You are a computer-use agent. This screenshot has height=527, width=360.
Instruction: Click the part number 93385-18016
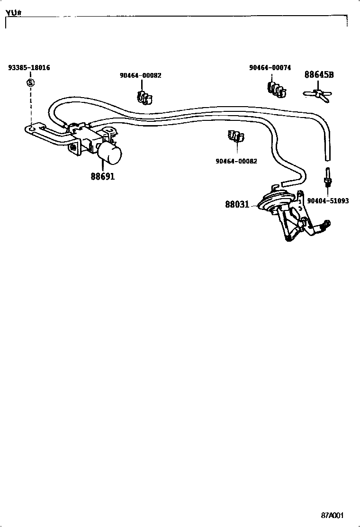pos(29,68)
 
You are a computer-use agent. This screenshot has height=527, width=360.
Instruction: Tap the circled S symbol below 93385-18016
pos(31,83)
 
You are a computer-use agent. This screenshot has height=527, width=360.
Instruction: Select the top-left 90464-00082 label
pos(140,75)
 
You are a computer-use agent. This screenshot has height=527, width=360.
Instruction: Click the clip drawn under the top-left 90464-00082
pos(144,97)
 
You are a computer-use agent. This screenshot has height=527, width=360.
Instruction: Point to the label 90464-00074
pos(270,68)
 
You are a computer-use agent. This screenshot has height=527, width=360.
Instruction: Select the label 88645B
pos(319,75)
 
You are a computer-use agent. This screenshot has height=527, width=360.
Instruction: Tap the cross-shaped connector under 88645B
pos(318,93)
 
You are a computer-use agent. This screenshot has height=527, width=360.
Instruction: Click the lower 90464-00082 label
pos(236,161)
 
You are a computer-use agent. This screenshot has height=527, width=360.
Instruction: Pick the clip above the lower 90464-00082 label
pos(235,137)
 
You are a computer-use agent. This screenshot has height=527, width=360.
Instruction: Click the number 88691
pos(103,176)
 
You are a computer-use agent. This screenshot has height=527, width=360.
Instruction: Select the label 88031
pos(237,205)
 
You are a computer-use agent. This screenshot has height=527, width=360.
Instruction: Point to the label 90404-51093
pos(328,201)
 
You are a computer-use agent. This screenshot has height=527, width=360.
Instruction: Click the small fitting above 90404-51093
pos(327,180)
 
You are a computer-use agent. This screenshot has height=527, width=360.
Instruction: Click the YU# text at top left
pos(14,12)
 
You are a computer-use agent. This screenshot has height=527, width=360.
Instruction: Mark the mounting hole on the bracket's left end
pos(31,128)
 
